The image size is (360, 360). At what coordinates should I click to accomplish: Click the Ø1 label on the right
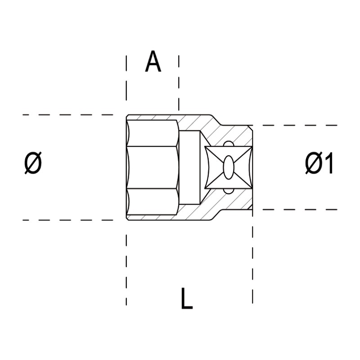pyautogui.click(x=319, y=164)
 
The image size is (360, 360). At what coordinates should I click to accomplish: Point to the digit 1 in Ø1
pyautogui.click(x=328, y=164)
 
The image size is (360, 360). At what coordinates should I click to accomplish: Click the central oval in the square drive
pyautogui.click(x=228, y=167)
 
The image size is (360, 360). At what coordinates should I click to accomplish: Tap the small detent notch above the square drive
pyautogui.click(x=228, y=144)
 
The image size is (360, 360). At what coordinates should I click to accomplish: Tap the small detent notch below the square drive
pyautogui.click(x=228, y=191)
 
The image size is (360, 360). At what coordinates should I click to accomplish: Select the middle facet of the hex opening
pyautogui.click(x=153, y=167)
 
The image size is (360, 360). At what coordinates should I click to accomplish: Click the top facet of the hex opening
pyautogui.click(x=153, y=133)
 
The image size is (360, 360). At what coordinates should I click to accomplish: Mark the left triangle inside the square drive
pyautogui.click(x=211, y=167)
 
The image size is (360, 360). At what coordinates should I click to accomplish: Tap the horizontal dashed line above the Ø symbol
pyautogui.click(x=67, y=115)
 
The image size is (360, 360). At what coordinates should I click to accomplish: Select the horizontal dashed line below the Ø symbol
pyautogui.click(x=67, y=220)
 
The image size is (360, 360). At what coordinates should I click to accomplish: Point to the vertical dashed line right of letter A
pyautogui.click(x=179, y=81)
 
